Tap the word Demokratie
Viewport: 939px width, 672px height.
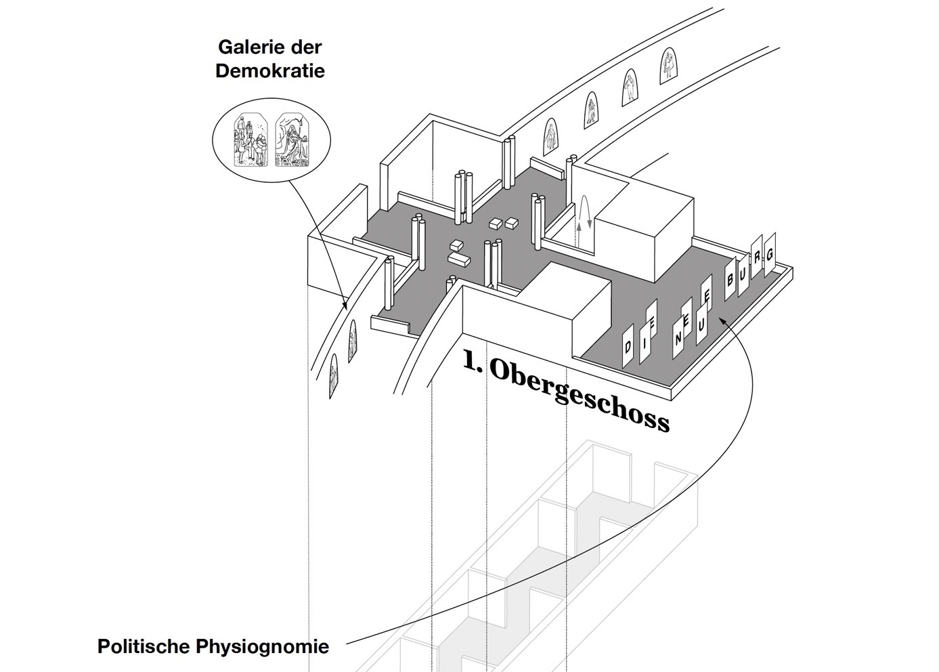pos(270,70)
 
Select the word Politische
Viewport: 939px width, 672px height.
pos(143,646)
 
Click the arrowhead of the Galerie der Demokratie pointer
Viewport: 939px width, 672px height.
pos(345,307)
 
